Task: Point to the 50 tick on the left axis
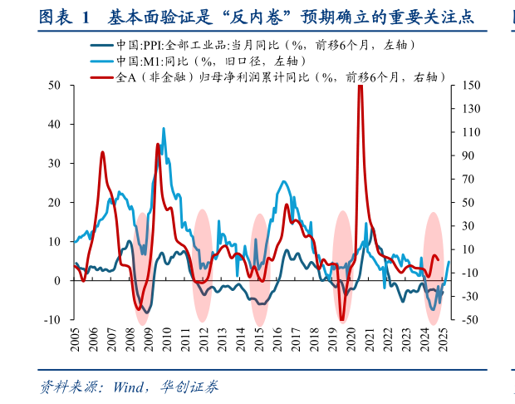coord(55,85)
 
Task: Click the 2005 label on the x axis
coord(75,340)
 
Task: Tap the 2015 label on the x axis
coord(259,340)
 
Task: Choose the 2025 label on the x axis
coord(444,340)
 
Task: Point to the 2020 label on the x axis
coord(351,340)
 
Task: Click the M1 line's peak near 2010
coord(163,129)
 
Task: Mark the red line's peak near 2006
coord(102,153)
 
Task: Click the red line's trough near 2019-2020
coord(341,319)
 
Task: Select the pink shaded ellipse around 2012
coord(202,264)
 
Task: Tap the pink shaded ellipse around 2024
coord(433,264)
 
